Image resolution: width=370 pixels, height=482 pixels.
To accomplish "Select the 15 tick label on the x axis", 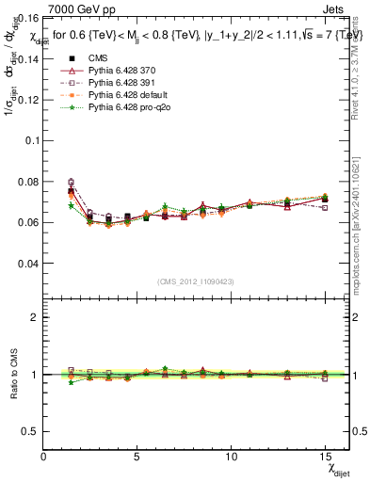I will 326,456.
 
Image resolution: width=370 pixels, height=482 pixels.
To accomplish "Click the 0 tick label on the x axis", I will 43,456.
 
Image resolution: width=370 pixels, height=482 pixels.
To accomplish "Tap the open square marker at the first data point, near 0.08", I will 72,182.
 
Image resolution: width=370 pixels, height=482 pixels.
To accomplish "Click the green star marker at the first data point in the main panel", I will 72,205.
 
